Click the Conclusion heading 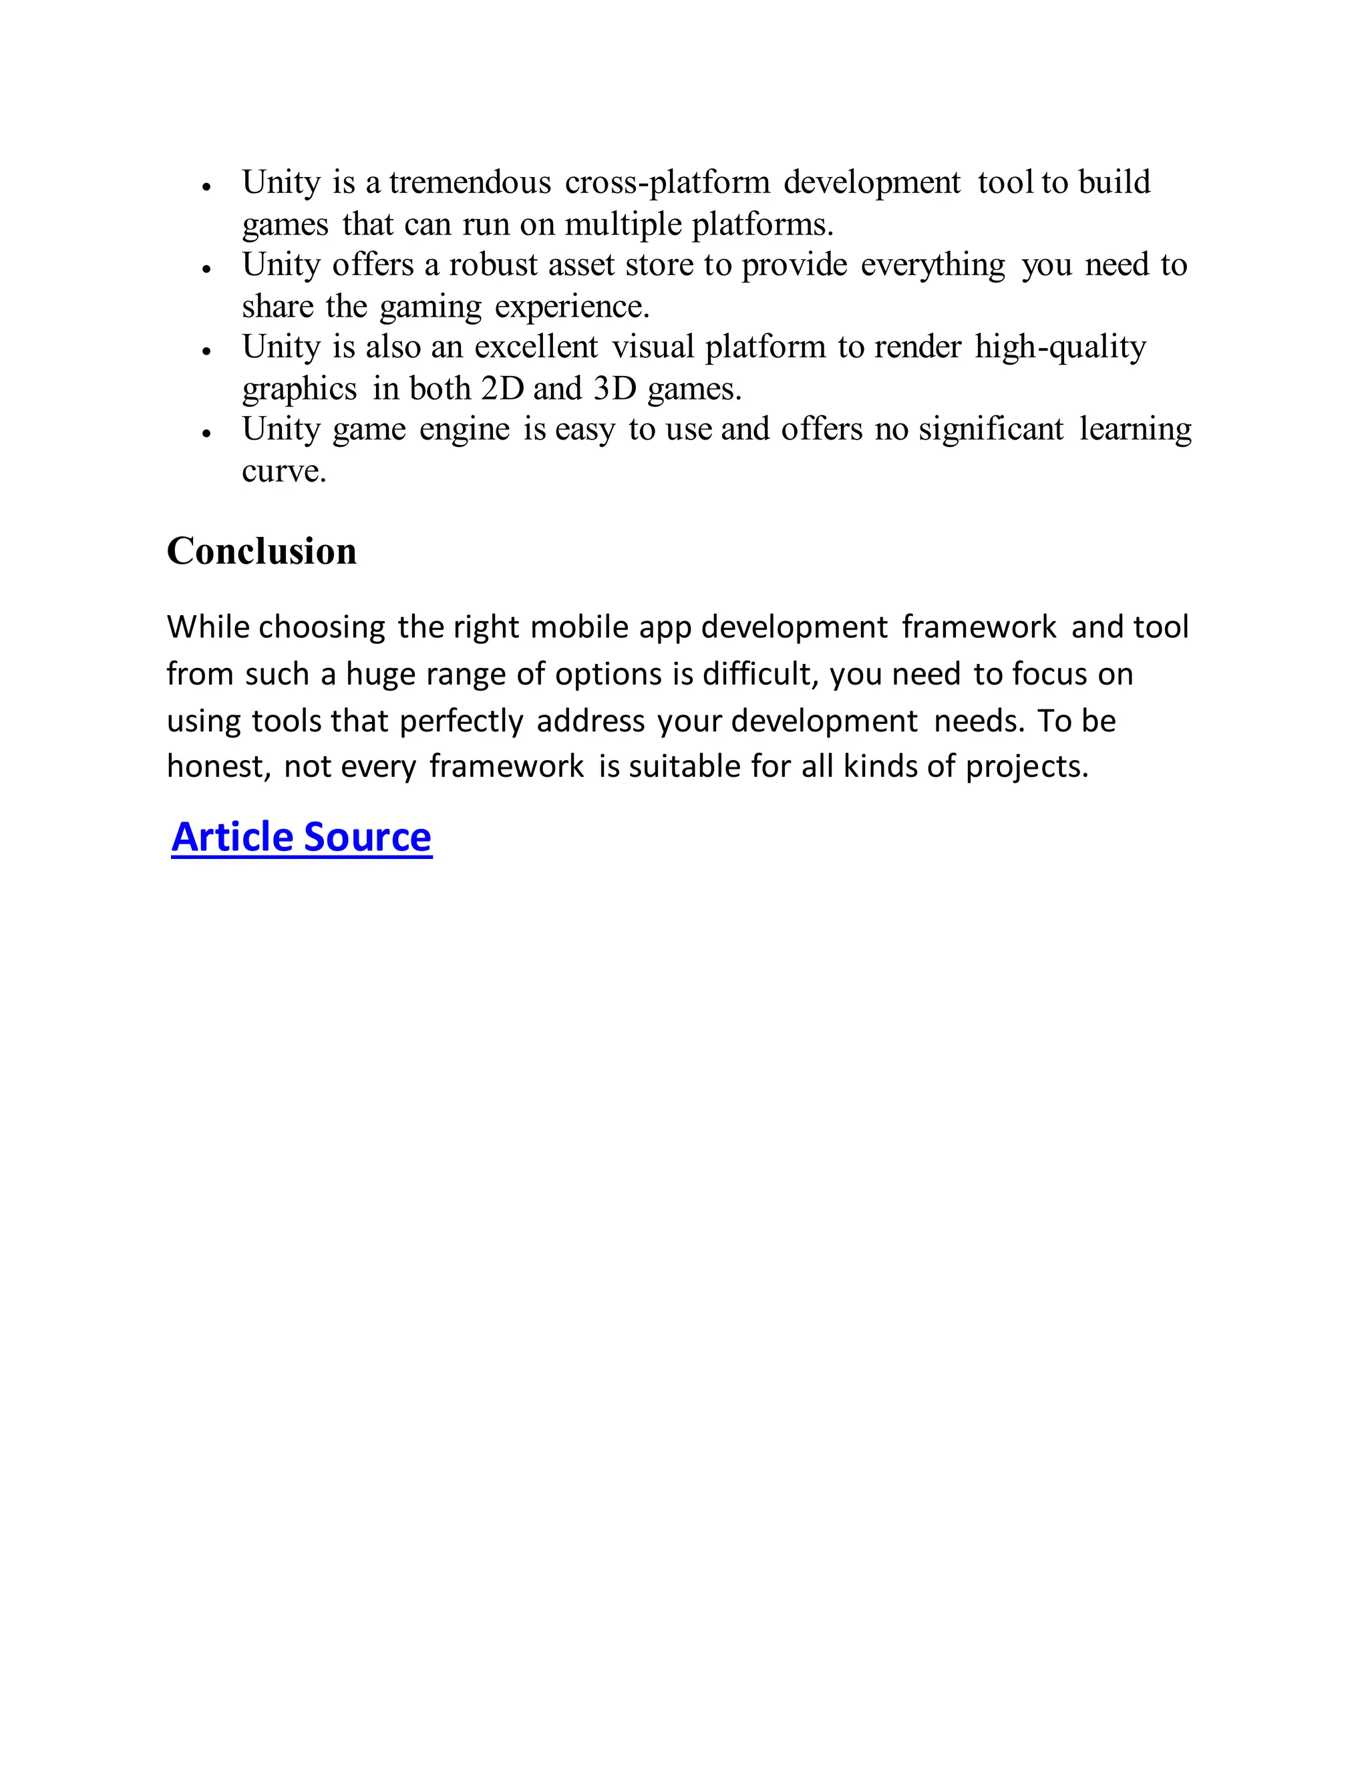click(x=261, y=552)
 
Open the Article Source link click(x=301, y=837)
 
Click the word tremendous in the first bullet click(x=470, y=182)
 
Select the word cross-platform click(x=667, y=182)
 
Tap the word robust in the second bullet click(x=494, y=265)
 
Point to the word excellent click(x=536, y=347)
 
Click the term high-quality click(x=1060, y=347)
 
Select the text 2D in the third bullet click(x=502, y=389)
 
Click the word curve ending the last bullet click(x=283, y=472)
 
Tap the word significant click(x=991, y=429)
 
